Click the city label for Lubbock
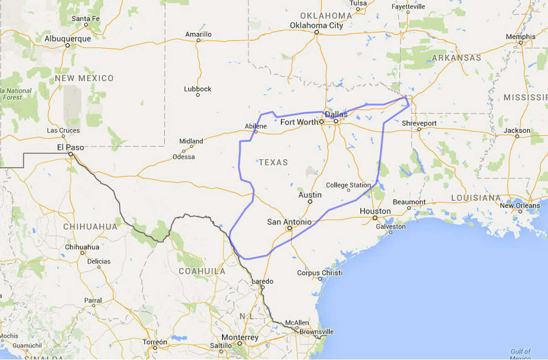(x=198, y=89)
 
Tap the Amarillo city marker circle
(x=198, y=40)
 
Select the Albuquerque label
(x=68, y=39)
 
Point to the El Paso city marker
(x=71, y=154)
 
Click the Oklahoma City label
(x=316, y=26)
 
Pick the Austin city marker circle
(x=310, y=201)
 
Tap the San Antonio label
(x=289, y=222)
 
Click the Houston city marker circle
(x=375, y=218)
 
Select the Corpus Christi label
(x=320, y=273)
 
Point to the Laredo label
(x=262, y=281)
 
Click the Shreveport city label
(x=419, y=123)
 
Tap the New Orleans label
(x=520, y=205)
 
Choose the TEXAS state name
(x=274, y=162)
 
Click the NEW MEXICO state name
(x=84, y=78)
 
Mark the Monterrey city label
(x=240, y=338)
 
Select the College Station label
(x=348, y=185)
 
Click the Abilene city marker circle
(x=256, y=132)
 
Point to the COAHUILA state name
(x=202, y=271)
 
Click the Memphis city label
(x=521, y=37)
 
